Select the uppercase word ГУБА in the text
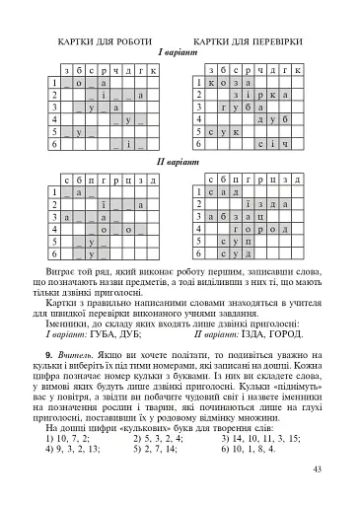pyautogui.click(x=118, y=333)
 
